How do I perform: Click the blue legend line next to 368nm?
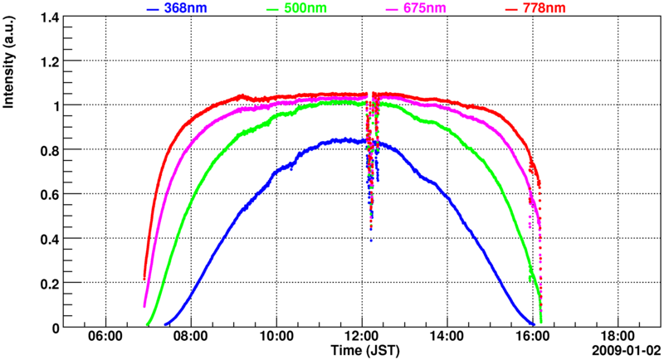pyautogui.click(x=153, y=9)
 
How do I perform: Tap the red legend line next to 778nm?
pyautogui.click(x=511, y=9)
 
